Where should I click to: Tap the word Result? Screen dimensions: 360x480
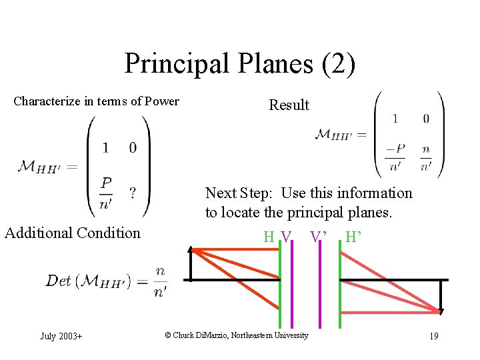[x=289, y=105]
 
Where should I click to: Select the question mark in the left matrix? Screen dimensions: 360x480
[x=133, y=193]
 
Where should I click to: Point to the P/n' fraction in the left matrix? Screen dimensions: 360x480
[x=105, y=193]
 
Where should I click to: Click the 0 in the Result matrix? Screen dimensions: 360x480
[x=426, y=119]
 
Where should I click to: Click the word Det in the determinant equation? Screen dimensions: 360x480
[x=58, y=281]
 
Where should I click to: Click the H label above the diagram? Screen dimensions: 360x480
[x=269, y=237]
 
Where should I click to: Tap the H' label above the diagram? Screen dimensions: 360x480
[x=354, y=237]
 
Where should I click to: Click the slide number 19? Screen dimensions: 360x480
[x=433, y=336]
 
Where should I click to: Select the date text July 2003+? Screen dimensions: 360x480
[x=61, y=336]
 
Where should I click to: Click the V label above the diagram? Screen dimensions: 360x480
[x=286, y=237]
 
